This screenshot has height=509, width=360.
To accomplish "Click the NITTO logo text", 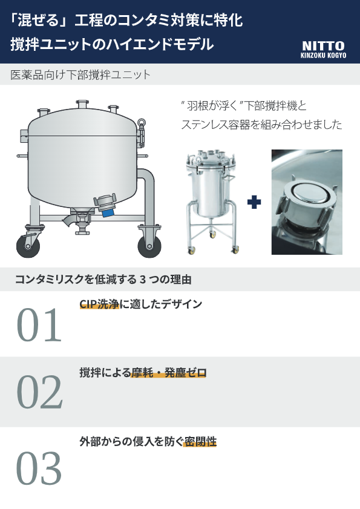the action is point(323,46).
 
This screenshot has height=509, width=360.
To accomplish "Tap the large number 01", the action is point(39,325).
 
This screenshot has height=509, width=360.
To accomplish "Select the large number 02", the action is point(39,392).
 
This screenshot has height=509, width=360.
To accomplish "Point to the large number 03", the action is point(39,468).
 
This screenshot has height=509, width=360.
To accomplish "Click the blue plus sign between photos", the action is point(254,202).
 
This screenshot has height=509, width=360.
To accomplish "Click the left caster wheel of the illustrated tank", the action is point(28,247).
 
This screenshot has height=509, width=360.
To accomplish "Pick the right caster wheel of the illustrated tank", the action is point(149,247).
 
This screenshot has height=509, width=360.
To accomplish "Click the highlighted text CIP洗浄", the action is point(99,304).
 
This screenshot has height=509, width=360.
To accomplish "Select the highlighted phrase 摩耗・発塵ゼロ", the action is point(169,372).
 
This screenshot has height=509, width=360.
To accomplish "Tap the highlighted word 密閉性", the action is point(200,441).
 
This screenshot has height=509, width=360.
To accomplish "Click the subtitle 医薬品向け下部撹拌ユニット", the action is point(80,75).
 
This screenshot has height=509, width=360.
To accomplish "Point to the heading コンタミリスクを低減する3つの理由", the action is point(103,279).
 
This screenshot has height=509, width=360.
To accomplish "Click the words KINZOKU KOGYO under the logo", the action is point(323,55).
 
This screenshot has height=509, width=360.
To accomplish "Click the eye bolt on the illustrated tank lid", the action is point(142,123).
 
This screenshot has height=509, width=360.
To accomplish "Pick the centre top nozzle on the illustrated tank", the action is point(82,105).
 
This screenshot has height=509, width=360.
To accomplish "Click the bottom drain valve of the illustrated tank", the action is point(81,224).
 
